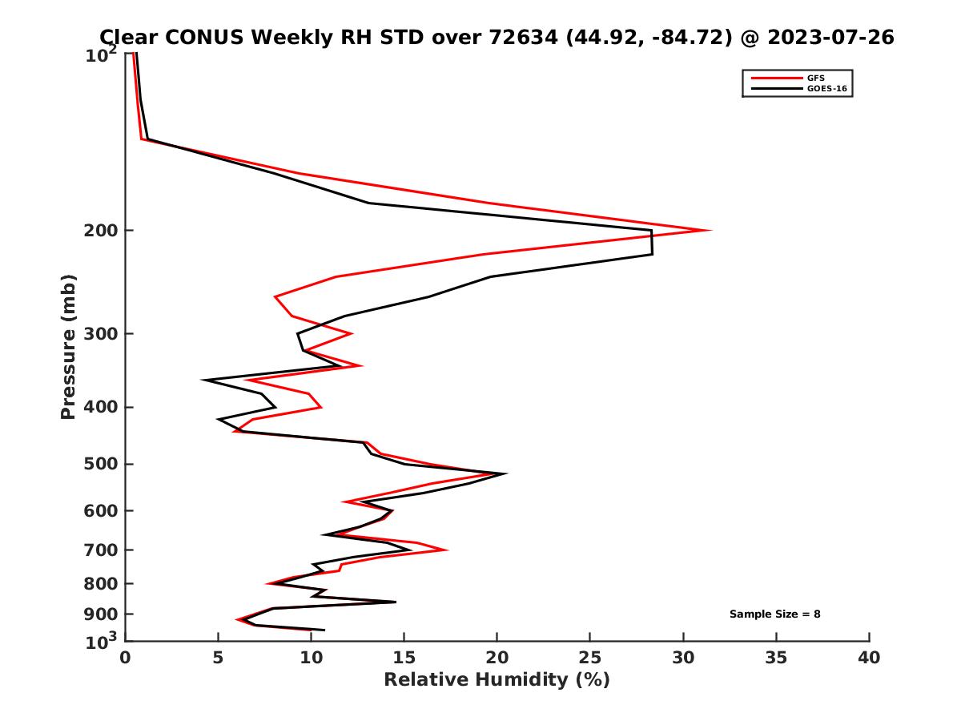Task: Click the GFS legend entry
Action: [x=817, y=78]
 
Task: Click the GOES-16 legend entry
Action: [x=826, y=89]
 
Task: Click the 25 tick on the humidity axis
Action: [x=590, y=659]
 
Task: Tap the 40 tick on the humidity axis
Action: [x=869, y=659]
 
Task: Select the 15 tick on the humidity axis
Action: [x=404, y=659]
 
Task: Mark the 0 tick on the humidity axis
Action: [x=126, y=659]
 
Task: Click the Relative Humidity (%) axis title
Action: [x=497, y=680]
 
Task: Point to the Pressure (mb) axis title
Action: [x=68, y=346]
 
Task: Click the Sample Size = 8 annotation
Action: [x=774, y=614]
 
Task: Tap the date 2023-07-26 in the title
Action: [x=829, y=38]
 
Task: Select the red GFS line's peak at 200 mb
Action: [x=710, y=231]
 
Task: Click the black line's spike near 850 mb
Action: [x=395, y=602]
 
